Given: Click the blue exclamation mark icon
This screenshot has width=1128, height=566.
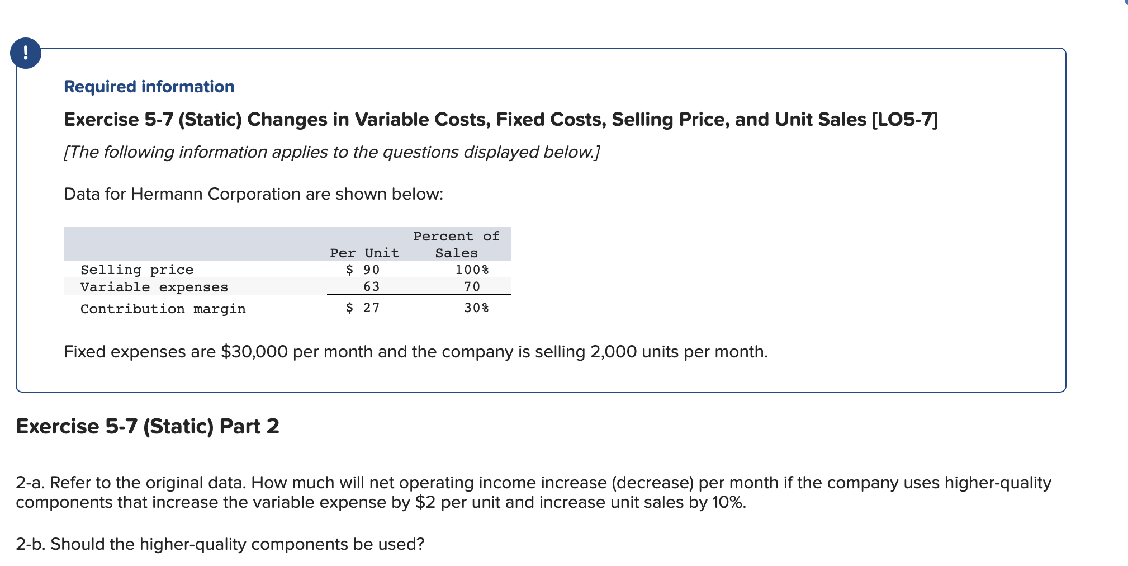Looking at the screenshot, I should (26, 54).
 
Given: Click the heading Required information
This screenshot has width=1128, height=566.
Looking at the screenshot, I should (149, 87).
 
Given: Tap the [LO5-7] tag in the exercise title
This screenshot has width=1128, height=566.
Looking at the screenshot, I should (904, 120).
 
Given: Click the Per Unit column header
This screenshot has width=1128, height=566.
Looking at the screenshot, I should (364, 253).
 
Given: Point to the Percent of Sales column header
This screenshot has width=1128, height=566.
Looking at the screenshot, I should (456, 244).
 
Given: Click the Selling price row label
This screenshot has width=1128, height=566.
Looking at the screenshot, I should (137, 270).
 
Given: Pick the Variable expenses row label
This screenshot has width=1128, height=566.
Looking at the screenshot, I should (154, 287).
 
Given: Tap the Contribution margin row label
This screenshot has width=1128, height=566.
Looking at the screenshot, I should (163, 309).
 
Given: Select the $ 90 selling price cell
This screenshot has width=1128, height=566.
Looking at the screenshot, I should (363, 270).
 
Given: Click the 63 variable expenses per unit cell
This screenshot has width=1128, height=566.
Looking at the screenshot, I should (371, 286).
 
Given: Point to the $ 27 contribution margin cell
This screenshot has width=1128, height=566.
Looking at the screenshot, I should (363, 308).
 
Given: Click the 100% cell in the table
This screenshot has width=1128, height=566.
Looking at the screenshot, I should (472, 270).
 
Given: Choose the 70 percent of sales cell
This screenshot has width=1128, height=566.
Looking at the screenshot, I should (472, 286).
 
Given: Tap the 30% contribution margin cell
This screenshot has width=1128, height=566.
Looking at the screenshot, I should (476, 308).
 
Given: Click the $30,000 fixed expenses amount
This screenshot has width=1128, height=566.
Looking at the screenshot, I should (254, 352).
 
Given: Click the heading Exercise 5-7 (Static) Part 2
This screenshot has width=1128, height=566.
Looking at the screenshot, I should (148, 426).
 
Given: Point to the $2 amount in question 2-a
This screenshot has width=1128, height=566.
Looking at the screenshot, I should (425, 502).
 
